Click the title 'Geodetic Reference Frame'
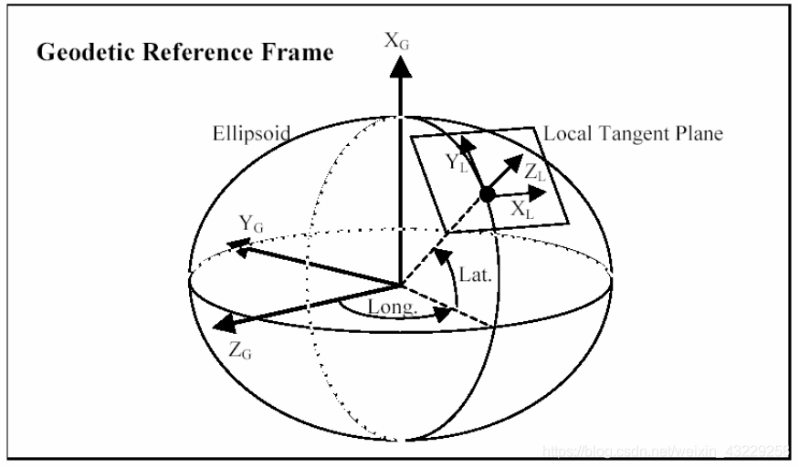(185, 53)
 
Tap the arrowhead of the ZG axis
(220, 326)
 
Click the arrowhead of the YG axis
(238, 244)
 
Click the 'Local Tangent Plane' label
(633, 134)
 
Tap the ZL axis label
(536, 172)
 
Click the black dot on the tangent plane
(487, 193)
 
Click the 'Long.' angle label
(393, 308)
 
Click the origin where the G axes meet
(399, 285)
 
